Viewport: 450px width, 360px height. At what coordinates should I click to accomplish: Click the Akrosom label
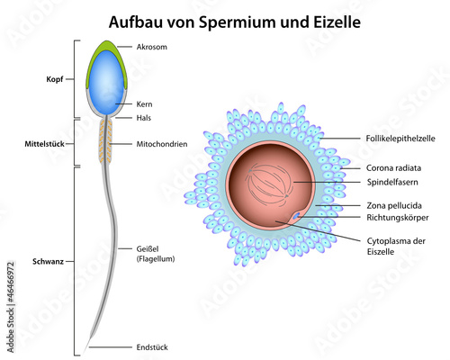tap(152, 47)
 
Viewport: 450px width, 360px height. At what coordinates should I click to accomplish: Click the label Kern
tap(144, 104)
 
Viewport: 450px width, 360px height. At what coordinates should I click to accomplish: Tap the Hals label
tap(144, 118)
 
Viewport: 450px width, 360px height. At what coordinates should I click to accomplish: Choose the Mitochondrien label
tap(162, 144)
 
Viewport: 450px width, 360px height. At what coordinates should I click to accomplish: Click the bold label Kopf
tap(55, 79)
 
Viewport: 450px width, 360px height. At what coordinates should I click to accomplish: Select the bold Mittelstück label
tap(44, 144)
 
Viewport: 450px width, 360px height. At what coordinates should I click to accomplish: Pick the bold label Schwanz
tap(48, 262)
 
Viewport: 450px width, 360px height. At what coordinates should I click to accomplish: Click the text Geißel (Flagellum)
tap(156, 254)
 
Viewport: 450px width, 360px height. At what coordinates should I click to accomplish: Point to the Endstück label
tap(152, 347)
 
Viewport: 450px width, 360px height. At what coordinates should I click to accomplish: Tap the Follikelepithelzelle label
tap(400, 139)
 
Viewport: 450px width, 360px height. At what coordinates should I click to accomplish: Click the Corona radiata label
tap(393, 168)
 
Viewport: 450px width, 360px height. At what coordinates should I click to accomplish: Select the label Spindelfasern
tap(392, 182)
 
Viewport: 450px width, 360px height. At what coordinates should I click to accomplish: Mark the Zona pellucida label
tap(394, 206)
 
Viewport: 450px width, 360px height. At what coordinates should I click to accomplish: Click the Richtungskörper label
tap(398, 218)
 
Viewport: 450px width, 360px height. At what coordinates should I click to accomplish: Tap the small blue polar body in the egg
tap(296, 215)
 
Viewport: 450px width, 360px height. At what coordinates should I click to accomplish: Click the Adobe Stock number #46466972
tap(11, 282)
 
